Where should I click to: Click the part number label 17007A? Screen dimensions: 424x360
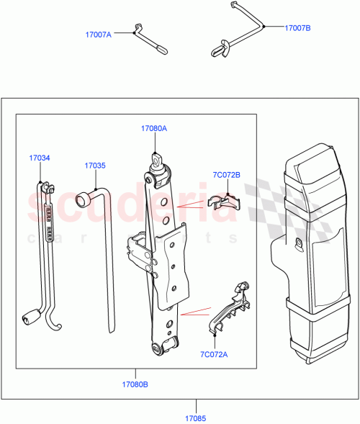tap(99, 34)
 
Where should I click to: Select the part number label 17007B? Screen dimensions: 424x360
tap(297, 28)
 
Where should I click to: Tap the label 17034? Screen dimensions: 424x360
tap(40, 158)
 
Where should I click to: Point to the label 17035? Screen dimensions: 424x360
tap(94, 165)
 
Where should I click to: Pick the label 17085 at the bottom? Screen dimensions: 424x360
tap(196, 417)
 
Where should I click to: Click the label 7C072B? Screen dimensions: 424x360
tap(227, 174)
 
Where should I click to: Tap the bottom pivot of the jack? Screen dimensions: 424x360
tap(160, 348)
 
